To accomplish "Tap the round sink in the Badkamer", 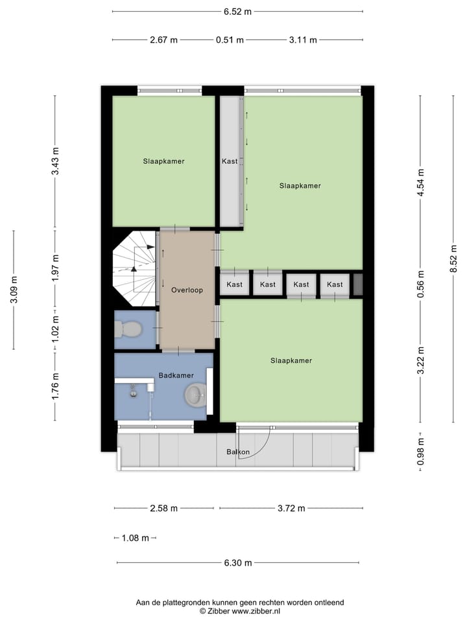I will click(195, 393).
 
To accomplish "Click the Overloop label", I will click(187, 290).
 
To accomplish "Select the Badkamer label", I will click(175, 375).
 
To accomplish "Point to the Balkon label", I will click(238, 452).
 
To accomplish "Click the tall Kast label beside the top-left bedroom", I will click(229, 161).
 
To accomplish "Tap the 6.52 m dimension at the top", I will click(237, 11).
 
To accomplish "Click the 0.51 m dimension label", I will click(230, 40).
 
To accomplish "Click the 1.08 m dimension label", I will click(136, 538).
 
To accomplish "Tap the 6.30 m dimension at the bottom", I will click(238, 563).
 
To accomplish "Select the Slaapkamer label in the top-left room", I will click(164, 161).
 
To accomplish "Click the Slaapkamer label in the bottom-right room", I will click(291, 361).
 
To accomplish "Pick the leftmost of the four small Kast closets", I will click(234, 284).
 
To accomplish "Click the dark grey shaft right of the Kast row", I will click(357, 284).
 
